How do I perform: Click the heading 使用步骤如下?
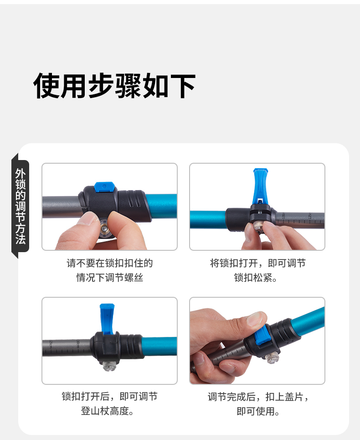click(x=114, y=86)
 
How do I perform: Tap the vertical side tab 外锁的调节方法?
click(x=21, y=206)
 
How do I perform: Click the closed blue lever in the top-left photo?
click(x=104, y=187)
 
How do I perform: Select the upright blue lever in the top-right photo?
click(x=261, y=186)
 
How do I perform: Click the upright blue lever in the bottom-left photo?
click(x=107, y=319)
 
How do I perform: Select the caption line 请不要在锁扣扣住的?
click(x=110, y=263)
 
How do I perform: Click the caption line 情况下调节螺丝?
click(x=110, y=278)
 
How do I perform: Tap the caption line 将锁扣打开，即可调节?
click(x=257, y=263)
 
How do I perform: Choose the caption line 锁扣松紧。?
click(x=256, y=278)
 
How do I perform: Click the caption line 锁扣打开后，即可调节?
click(x=110, y=397)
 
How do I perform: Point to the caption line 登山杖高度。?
click(x=108, y=411)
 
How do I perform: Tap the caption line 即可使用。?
click(x=258, y=411)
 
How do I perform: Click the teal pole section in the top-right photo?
click(x=208, y=219)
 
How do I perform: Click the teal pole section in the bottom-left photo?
click(x=159, y=346)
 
